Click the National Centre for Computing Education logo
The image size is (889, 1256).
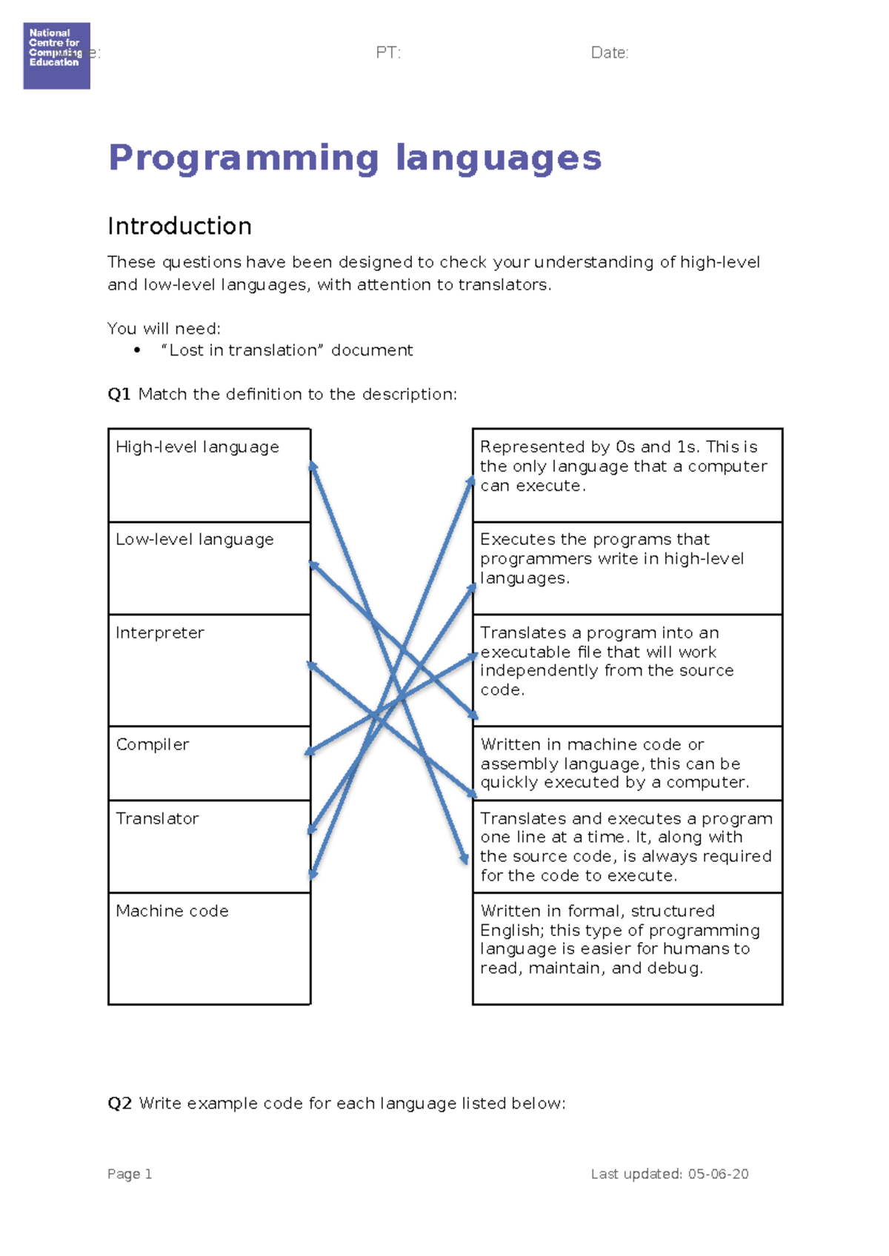coord(56,56)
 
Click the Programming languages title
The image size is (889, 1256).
coord(355,158)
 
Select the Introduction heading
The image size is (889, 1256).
coord(179,226)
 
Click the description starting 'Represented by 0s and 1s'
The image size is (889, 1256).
coord(627,475)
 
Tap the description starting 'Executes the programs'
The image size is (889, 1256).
coord(627,568)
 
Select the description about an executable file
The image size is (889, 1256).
coord(627,669)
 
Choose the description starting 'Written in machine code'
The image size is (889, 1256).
coord(627,763)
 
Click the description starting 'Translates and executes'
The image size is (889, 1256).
coord(627,846)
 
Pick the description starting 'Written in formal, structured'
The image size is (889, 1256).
coord(627,948)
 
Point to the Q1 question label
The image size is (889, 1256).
coord(119,394)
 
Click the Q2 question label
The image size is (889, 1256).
coord(119,1103)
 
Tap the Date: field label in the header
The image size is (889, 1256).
coord(610,53)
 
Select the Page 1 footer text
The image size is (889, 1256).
coord(130,1174)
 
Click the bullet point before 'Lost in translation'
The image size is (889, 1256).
coord(137,350)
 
